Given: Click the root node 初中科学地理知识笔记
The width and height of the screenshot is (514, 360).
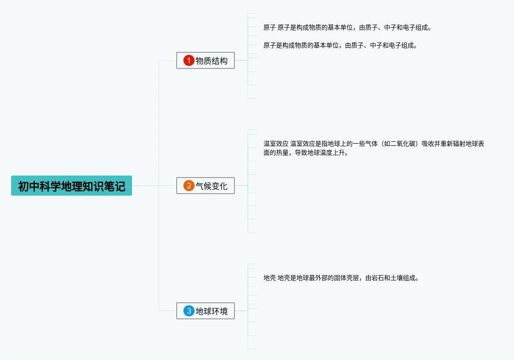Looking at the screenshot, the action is (72, 186).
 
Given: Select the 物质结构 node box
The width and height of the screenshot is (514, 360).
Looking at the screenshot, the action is (206, 60).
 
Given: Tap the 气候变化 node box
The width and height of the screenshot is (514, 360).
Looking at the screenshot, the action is (206, 186).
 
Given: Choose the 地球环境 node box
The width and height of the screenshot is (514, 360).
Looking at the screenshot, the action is (206, 311).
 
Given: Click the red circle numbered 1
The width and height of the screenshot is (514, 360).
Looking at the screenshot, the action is (189, 60).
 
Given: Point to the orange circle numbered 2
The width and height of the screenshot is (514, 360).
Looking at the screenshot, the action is (189, 186).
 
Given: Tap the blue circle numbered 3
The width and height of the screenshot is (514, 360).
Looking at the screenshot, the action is (189, 311).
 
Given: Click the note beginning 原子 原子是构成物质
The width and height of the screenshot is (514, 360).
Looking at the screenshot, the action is (347, 28).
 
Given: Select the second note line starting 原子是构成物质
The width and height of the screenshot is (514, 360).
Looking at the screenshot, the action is (340, 45).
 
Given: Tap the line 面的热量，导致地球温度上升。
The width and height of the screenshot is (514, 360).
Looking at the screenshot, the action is (306, 153).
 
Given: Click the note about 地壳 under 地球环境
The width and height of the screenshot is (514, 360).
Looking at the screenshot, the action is (341, 278).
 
